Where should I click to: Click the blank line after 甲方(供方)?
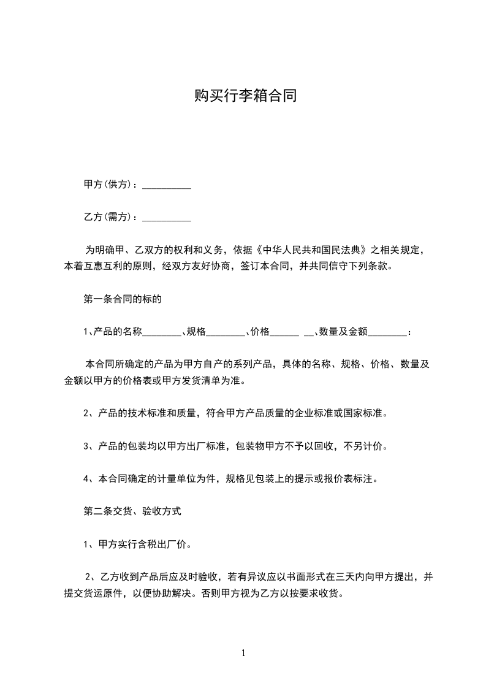tap(167, 185)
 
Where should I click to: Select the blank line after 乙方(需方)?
tap(167, 218)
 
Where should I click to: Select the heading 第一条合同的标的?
tap(123, 300)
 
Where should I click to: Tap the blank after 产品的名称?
tap(162, 332)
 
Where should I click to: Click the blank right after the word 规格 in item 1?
tap(226, 332)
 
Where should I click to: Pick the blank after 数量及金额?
tap(387, 332)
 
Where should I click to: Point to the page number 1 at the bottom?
tap(243, 653)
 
